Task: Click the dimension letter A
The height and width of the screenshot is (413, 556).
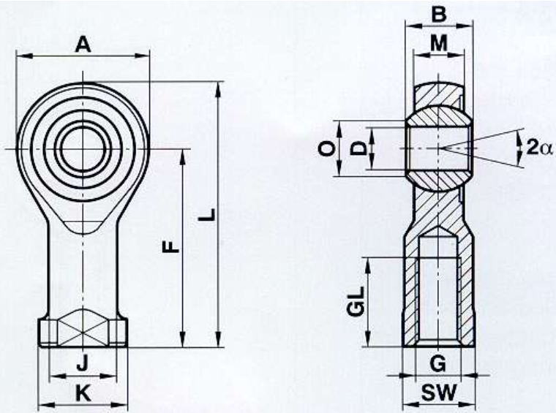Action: (83, 45)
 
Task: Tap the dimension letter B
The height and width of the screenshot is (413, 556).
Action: (439, 15)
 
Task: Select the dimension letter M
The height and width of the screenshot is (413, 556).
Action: (439, 44)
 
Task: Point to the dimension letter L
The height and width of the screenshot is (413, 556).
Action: (207, 215)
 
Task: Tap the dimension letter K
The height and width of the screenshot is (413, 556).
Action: (83, 393)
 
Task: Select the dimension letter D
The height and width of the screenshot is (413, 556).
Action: (358, 148)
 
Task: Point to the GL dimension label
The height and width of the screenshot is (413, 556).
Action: (356, 301)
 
